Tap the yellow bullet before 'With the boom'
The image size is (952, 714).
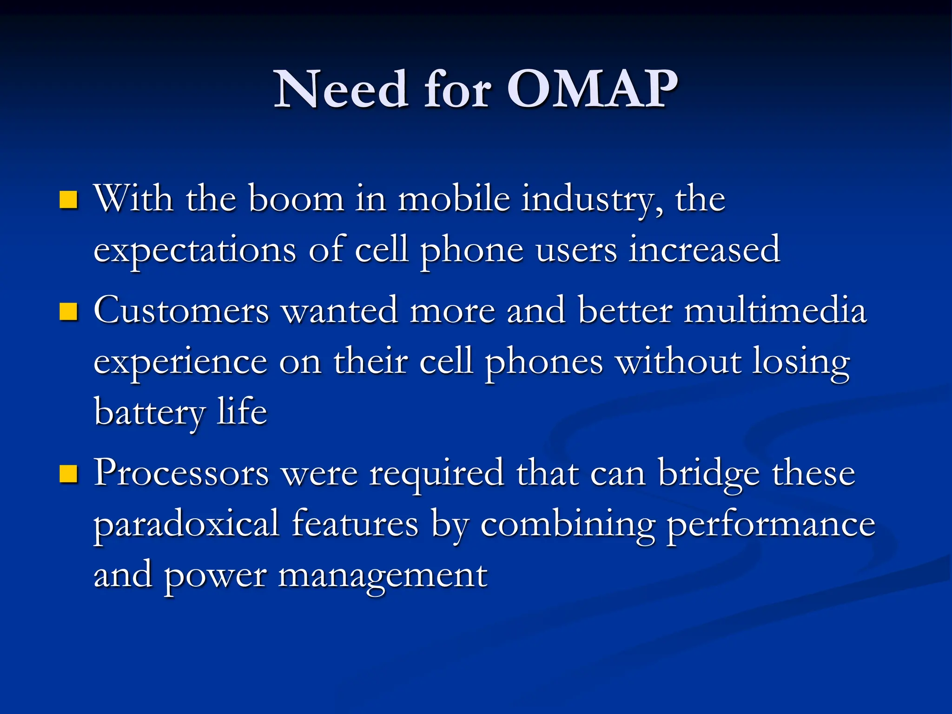[x=68, y=200]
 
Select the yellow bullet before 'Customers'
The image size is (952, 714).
[x=68, y=312]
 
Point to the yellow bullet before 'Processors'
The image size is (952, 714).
[x=68, y=475]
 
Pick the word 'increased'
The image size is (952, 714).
[x=704, y=250]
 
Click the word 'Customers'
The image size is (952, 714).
[x=181, y=311]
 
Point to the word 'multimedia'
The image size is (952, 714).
[x=775, y=311]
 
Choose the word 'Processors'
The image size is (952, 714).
[x=181, y=473]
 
